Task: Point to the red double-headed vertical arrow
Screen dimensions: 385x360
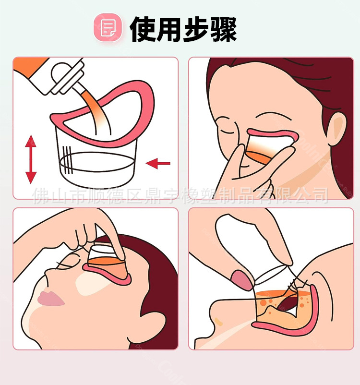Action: tap(31, 159)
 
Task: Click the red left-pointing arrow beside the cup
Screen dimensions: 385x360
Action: tap(158, 164)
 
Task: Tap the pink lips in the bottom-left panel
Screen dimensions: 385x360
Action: tap(50, 298)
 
